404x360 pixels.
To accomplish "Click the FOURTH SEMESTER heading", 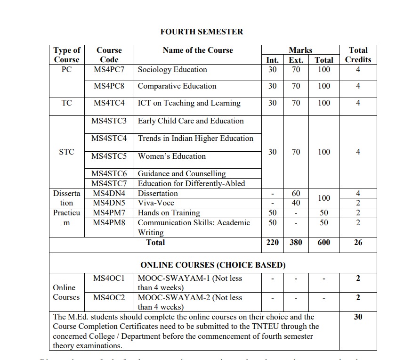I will tap(202, 32).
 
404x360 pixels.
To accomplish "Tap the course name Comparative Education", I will tap(177, 86).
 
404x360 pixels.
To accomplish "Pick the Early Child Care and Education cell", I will tap(191, 121).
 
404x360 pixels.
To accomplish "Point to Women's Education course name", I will tap(171, 156).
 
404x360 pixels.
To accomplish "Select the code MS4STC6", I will tap(109, 174).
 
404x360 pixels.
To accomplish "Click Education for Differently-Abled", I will tap(191, 183).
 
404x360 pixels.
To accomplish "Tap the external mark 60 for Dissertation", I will tap(296, 193).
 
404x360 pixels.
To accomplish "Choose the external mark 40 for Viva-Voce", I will tap(296, 203).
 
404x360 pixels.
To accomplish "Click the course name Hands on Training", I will tap(169, 213).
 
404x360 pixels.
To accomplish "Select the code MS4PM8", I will tap(109, 222).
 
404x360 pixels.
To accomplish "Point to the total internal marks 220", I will tap(273, 242).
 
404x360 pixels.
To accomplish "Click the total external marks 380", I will tap(296, 242).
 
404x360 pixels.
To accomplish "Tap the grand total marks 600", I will tap(324, 242).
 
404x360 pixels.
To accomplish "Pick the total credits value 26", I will tap(358, 242).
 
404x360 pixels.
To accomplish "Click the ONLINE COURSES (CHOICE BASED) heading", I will tap(213, 265).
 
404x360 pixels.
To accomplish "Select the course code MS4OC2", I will tap(109, 297).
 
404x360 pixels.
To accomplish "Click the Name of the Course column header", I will tap(198, 50).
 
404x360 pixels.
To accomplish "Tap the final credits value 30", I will tap(358, 317).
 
